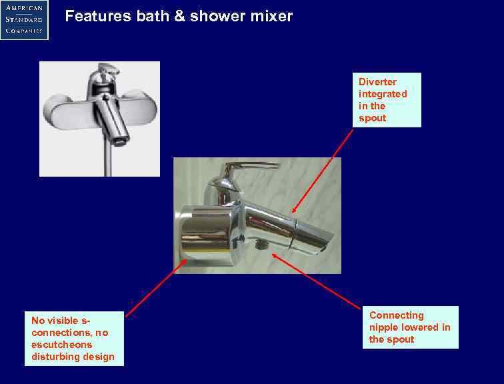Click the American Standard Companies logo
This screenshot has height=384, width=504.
pyautogui.click(x=24, y=19)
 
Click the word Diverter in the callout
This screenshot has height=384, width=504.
pyautogui.click(x=377, y=82)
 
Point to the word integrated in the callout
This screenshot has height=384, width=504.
pyautogui.click(x=383, y=94)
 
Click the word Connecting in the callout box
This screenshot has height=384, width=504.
pyautogui.click(x=396, y=315)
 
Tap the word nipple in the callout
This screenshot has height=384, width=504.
pyautogui.click(x=385, y=327)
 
